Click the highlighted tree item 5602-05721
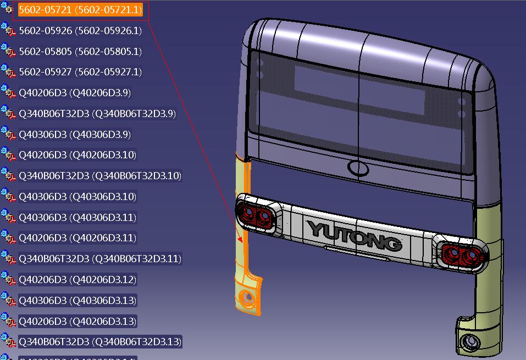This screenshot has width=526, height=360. click(80, 10)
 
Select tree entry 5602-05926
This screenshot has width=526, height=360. click(80, 31)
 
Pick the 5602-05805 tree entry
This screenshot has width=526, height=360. click(80, 52)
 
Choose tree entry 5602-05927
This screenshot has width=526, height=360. click(80, 72)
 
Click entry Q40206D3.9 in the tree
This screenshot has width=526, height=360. click(75, 93)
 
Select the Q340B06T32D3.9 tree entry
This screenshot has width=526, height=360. click(97, 114)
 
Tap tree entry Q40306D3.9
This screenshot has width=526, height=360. click(75, 135)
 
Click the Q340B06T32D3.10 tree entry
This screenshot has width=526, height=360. click(100, 176)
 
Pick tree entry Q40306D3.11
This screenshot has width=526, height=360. click(77, 218)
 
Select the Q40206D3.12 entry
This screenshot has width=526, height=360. click(77, 280)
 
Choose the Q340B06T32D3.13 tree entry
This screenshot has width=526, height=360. click(100, 342)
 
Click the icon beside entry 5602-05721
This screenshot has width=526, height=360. click(8, 10)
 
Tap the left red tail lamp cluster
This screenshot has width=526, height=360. click(255, 214)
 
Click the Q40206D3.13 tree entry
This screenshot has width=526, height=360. click(77, 321)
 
